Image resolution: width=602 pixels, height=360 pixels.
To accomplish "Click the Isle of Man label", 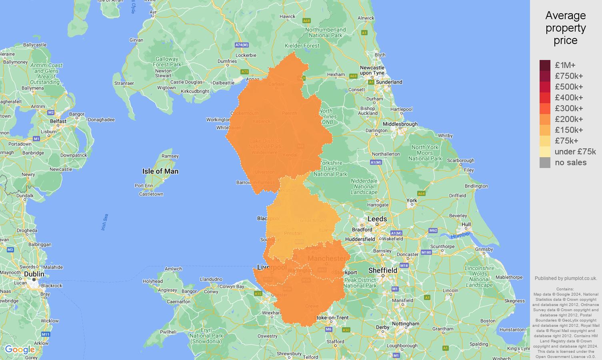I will tap(160, 171).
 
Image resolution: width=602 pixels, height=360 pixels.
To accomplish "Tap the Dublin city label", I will tap(34, 274).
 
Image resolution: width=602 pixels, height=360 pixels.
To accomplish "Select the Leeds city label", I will tap(377, 219).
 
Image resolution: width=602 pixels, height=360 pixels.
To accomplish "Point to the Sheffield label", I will tap(383, 270).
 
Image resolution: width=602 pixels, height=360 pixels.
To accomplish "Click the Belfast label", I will tap(58, 121).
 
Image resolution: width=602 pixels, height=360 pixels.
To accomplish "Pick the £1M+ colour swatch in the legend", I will tap(545, 65).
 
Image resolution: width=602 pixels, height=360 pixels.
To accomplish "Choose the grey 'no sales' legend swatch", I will tap(545, 162).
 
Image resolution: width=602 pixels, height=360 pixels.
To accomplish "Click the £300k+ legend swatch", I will tap(545, 108).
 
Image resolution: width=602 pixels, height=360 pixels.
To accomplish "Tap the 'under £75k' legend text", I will tap(575, 152).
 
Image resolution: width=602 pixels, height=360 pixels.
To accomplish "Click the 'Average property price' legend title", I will tap(566, 28).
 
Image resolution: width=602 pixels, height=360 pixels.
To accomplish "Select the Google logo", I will tap(20, 350).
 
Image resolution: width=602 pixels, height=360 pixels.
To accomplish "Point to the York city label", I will tap(412, 200).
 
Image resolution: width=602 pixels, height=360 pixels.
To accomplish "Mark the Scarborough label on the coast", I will tap(460, 160).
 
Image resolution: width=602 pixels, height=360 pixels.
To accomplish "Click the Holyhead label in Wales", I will tap(153, 281).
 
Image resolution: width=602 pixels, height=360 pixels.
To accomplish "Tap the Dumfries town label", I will tap(227, 61).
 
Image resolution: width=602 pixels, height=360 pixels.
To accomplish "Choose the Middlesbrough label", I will tap(400, 124).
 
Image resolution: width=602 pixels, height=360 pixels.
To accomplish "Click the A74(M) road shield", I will tap(242, 45).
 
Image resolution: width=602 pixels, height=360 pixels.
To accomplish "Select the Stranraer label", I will tap(124, 83).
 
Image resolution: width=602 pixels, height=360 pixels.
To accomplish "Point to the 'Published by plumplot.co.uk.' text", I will tap(566, 278).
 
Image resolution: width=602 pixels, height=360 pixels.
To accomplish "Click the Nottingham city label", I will tap(406, 324).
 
